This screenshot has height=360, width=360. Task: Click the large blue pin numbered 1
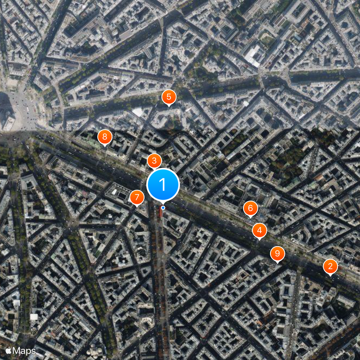click(x=163, y=184)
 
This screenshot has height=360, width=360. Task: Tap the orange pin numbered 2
click(x=330, y=266)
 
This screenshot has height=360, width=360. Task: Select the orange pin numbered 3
click(x=154, y=161)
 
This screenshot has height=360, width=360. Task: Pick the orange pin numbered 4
click(x=259, y=230)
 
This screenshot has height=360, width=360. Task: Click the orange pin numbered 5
click(x=168, y=96)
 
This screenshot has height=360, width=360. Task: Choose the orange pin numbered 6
click(x=250, y=208)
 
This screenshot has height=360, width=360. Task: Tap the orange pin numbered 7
click(x=137, y=197)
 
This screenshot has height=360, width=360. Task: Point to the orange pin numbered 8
click(x=104, y=137)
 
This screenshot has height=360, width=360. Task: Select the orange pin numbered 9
click(x=277, y=253)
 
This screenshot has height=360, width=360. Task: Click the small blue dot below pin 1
click(x=163, y=207)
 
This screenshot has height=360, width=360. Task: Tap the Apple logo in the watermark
click(x=8, y=350)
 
